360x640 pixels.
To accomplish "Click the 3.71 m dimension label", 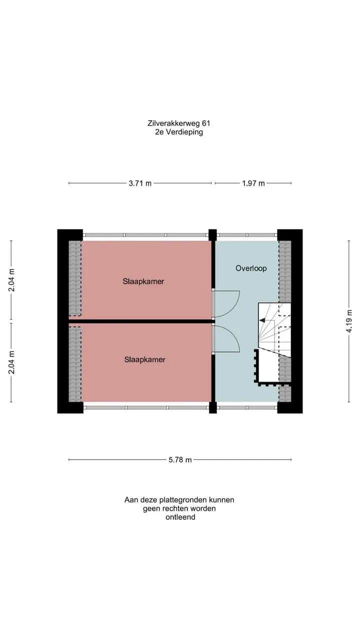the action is [x=140, y=183].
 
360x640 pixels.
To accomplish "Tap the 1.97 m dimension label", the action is [x=253, y=183].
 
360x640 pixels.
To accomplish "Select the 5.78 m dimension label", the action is [x=180, y=459].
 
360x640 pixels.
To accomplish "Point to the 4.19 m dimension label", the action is [x=349, y=321].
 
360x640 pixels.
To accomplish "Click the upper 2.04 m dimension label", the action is [x=11, y=280].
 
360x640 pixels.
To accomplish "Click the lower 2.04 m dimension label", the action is [x=11, y=362].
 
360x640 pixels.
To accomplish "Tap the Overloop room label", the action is [x=251, y=268].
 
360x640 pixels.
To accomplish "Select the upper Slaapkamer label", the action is [x=143, y=281].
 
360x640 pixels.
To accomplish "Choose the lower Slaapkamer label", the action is [x=144, y=359].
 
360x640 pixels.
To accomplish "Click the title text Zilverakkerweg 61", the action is [x=179, y=123].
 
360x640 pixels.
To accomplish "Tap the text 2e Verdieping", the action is [x=179, y=132].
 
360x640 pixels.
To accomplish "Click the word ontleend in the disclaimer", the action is [x=180, y=517].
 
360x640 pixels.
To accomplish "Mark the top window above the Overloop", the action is [x=247, y=235].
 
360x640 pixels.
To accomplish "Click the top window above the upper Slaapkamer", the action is [x=145, y=235].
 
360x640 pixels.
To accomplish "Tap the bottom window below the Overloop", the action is [x=247, y=407].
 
